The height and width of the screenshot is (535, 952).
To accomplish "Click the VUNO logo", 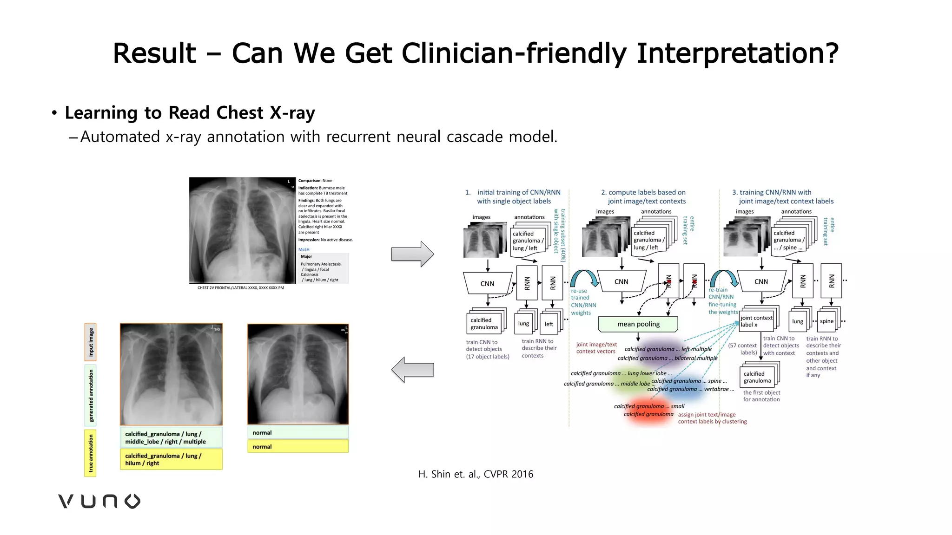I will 99,501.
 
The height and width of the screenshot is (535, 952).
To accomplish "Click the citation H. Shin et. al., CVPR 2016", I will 476,474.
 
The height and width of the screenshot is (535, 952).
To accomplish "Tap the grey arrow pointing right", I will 412,254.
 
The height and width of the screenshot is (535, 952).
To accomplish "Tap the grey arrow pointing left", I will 412,370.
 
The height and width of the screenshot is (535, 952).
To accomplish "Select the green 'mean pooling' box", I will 638,324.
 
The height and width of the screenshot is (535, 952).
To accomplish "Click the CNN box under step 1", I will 487,283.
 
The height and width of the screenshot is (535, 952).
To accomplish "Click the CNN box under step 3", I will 761,281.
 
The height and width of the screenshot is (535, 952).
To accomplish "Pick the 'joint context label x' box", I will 756,321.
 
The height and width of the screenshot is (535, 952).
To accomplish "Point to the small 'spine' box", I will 826,321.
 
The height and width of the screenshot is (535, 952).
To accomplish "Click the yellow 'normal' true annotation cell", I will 297,446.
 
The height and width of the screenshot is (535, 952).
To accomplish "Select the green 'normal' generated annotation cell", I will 297,432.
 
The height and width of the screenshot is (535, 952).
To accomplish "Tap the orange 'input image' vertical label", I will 91,342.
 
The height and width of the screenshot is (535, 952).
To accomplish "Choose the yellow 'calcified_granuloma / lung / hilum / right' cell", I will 171,459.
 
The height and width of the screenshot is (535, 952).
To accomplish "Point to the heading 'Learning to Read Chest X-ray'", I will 190,113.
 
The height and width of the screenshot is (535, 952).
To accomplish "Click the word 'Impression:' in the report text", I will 309,240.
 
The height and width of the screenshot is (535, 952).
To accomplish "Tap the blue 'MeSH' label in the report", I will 304,249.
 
